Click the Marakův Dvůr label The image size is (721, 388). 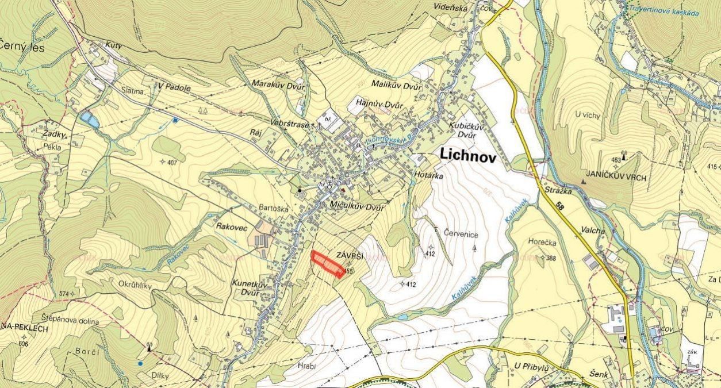coord(278,83)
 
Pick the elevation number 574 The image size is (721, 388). coord(64,294)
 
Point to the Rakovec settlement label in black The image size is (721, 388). coord(232,228)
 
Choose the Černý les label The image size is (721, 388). coord(22,47)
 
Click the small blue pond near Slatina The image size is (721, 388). coord(87,118)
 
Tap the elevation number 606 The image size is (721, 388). coord(22,343)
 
